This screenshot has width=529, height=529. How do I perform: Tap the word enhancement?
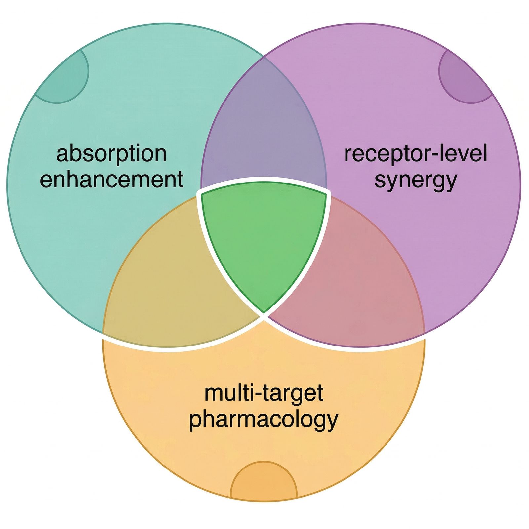coord(111,180)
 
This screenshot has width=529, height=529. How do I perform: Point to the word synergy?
coord(416,181)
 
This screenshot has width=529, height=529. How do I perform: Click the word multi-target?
coord(264,393)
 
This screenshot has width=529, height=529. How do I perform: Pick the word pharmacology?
coord(264,420)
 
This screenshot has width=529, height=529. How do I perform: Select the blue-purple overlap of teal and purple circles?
coord(264,132)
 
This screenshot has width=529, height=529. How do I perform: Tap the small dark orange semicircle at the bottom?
coord(264,483)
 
